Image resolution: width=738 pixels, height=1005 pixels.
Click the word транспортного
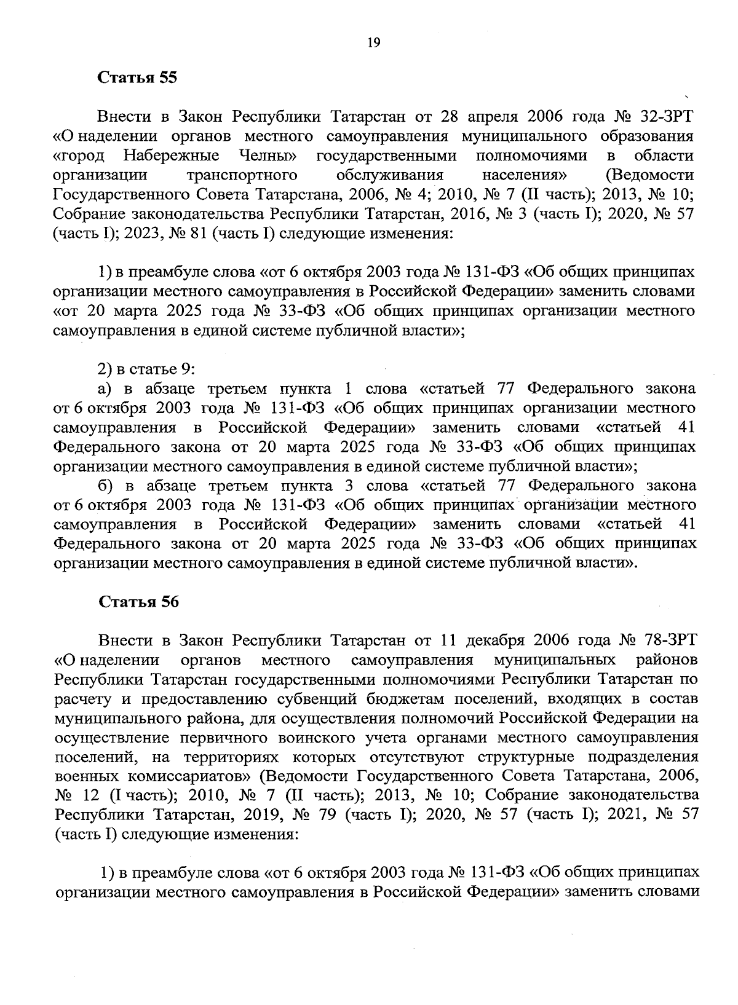point(242,175)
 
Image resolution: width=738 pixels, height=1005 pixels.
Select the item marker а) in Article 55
point(105,389)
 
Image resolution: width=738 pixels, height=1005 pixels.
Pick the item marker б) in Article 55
point(106,486)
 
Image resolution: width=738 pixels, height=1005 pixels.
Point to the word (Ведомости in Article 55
point(649,175)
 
